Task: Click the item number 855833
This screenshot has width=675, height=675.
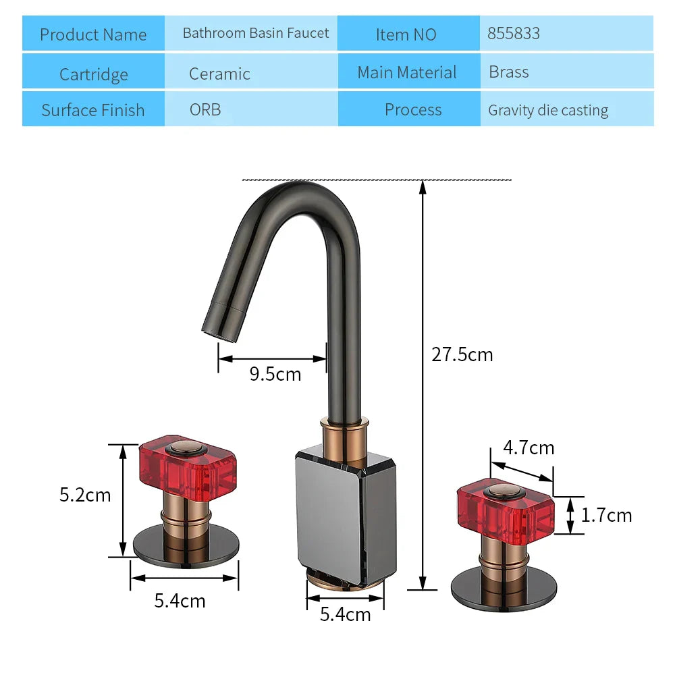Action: (514, 34)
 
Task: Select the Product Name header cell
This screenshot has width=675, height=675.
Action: (93, 35)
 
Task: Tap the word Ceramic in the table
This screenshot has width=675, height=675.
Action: (219, 74)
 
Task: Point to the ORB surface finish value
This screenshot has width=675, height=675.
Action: (205, 109)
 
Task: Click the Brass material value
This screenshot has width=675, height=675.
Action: (509, 72)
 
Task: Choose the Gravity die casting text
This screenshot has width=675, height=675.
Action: (548, 110)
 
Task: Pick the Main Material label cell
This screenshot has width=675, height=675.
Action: (407, 72)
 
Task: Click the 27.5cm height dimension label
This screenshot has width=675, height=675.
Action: (462, 354)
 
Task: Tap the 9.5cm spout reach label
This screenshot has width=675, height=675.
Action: (275, 373)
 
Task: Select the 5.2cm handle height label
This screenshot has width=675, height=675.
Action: (85, 495)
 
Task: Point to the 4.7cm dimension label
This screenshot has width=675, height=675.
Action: (529, 448)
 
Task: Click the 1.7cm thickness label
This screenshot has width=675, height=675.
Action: (606, 515)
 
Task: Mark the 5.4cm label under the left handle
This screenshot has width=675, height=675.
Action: (180, 600)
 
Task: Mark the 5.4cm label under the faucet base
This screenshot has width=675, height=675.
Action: (345, 614)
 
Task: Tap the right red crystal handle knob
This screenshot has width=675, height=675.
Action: (506, 507)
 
